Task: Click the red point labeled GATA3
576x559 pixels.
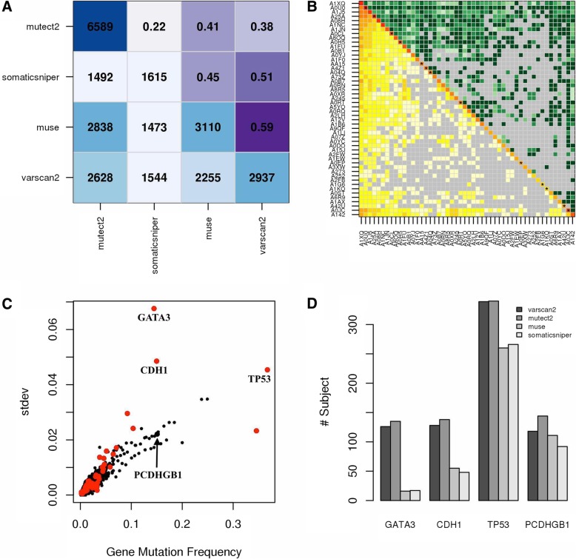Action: [154, 308]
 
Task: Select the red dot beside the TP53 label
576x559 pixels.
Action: [267, 369]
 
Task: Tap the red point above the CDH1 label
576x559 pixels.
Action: [156, 361]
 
